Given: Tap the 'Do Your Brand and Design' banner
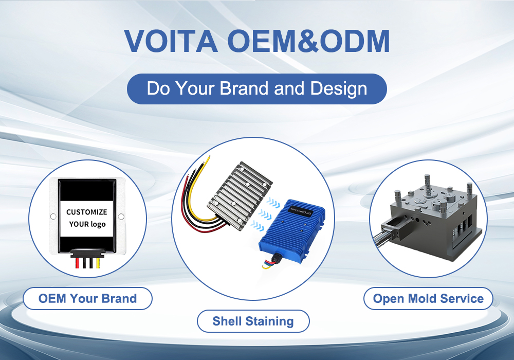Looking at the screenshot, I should [x=256, y=88].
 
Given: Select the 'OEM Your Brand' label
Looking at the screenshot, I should [x=87, y=298].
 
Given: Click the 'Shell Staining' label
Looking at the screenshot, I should [x=253, y=321].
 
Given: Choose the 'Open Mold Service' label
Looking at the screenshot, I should [x=428, y=298].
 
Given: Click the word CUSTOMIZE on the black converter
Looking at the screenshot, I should [x=87, y=212].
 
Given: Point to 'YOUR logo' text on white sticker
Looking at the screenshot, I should [x=87, y=224].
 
